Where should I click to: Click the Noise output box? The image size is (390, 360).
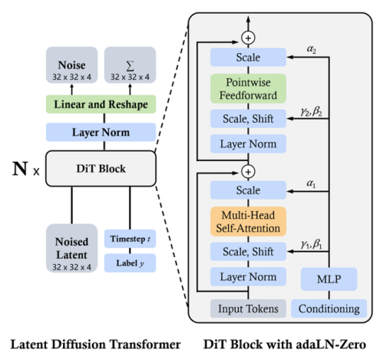tap(71, 65)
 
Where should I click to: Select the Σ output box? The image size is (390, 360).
tap(130, 65)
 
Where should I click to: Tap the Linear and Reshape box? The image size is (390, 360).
tap(101, 104)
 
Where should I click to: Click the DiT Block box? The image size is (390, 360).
tap(101, 168)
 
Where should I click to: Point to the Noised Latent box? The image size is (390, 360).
tap(71, 248)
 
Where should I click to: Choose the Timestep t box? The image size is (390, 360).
tap(130, 239)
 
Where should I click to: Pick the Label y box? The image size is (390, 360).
tap(130, 263)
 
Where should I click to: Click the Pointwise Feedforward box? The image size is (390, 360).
tap(248, 88)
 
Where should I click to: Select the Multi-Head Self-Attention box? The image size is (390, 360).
tap(248, 222)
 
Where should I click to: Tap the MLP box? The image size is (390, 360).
tap(329, 279)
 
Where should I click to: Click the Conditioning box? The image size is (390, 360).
tap(329, 309)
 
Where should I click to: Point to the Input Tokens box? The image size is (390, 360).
tap(248, 309)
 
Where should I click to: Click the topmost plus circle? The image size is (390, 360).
tap(248, 38)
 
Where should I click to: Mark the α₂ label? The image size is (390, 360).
tap(312, 49)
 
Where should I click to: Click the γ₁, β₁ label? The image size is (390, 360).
tap(312, 244)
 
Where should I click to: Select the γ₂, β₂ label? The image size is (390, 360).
tap(312, 111)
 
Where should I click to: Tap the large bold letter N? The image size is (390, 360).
tap(20, 169)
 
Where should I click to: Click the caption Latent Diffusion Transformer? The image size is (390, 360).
tap(95, 345)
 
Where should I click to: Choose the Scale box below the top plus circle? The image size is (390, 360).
tap(248, 58)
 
